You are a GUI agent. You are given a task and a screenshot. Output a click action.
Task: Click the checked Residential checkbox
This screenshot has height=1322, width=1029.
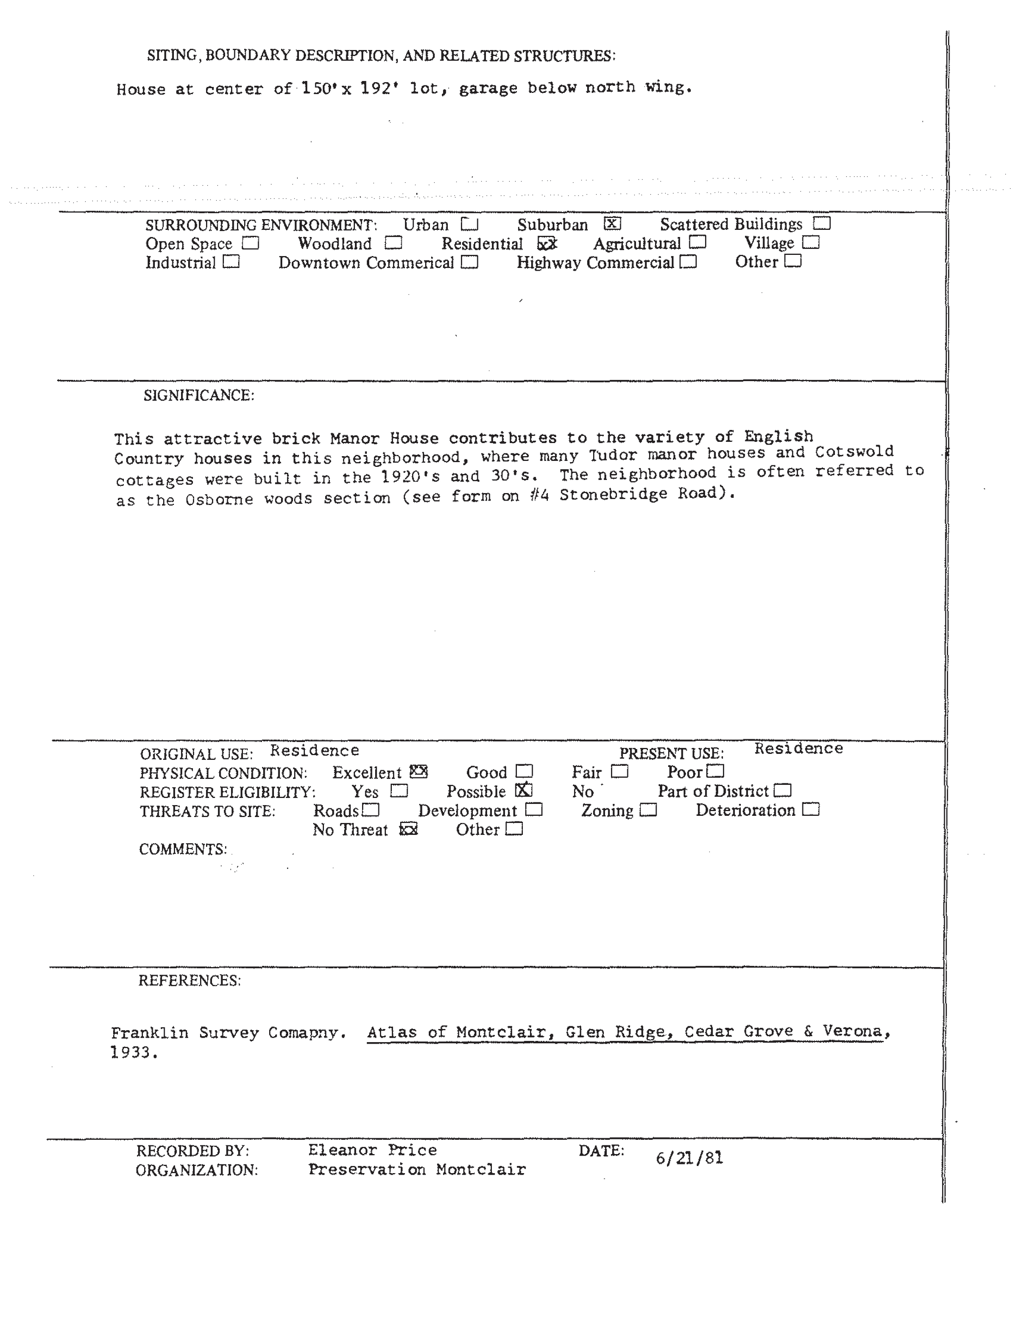pos(547,243)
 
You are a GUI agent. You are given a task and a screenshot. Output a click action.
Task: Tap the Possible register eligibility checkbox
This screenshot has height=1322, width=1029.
pos(524,790)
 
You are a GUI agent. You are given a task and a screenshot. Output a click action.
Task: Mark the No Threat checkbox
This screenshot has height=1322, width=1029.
pos(409,829)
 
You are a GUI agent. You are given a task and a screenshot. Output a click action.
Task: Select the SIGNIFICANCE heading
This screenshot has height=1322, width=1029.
pos(198,395)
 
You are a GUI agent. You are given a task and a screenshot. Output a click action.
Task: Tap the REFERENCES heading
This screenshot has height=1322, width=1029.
pos(189,980)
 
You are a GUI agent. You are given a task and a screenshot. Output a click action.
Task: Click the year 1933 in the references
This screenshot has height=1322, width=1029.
pos(134,1052)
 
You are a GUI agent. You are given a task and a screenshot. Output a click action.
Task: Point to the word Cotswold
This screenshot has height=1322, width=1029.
pos(854,451)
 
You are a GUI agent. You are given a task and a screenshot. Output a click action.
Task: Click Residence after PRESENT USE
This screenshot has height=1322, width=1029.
pos(798,749)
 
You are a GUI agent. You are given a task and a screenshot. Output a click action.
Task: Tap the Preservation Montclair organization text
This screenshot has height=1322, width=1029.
pos(417,1170)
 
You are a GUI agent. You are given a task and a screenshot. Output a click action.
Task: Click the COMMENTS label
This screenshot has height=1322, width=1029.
pos(183,849)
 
